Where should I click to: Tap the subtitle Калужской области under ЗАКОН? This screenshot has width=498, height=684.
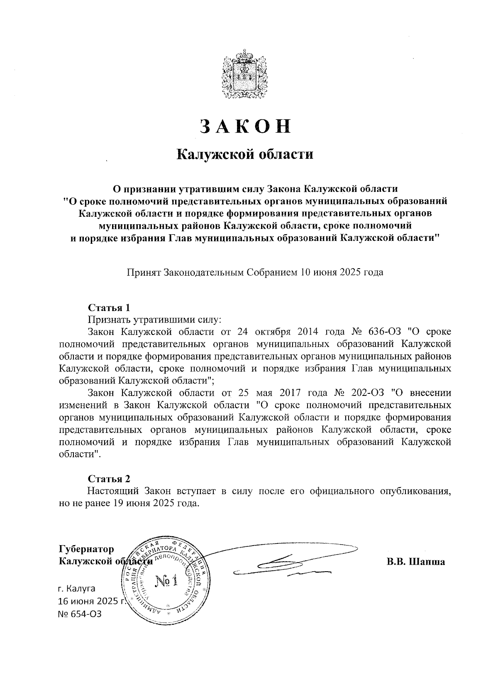(x=245, y=155)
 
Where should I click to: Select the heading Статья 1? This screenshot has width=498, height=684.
(x=109, y=308)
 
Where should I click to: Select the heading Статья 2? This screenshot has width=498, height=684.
(x=109, y=479)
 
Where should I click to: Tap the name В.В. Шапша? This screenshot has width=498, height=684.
(x=416, y=562)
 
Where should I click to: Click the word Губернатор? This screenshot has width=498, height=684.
(x=86, y=549)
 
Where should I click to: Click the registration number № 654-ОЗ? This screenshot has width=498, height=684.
(x=80, y=614)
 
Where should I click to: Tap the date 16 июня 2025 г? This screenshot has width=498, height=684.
(x=91, y=601)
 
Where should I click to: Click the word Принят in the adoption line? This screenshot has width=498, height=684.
(x=144, y=273)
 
